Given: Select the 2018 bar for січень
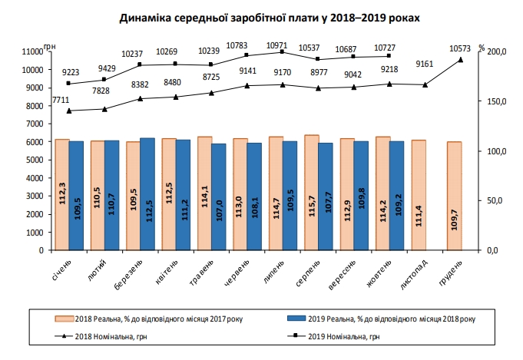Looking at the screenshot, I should (x=62, y=195).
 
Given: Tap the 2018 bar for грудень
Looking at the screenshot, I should (x=454, y=196).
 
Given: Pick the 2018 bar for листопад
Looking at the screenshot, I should (x=419, y=195).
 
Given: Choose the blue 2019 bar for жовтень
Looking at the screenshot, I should (x=396, y=196).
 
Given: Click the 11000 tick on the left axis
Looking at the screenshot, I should (x=33, y=51).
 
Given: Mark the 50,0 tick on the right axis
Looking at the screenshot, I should (x=496, y=200).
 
